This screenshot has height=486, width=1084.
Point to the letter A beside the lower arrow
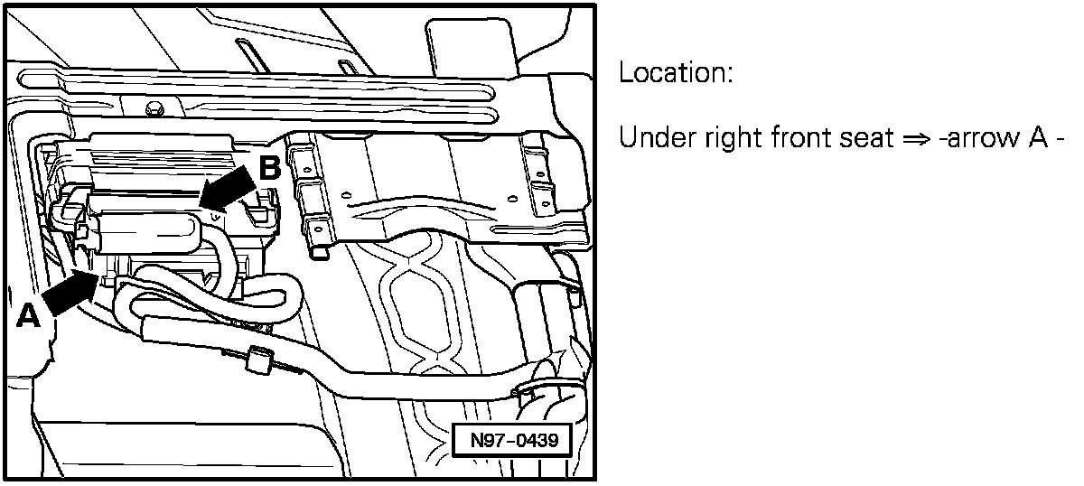coord(29,316)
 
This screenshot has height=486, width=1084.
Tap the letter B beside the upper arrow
coord(270,168)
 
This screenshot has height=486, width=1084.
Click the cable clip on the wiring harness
coord(259,360)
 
